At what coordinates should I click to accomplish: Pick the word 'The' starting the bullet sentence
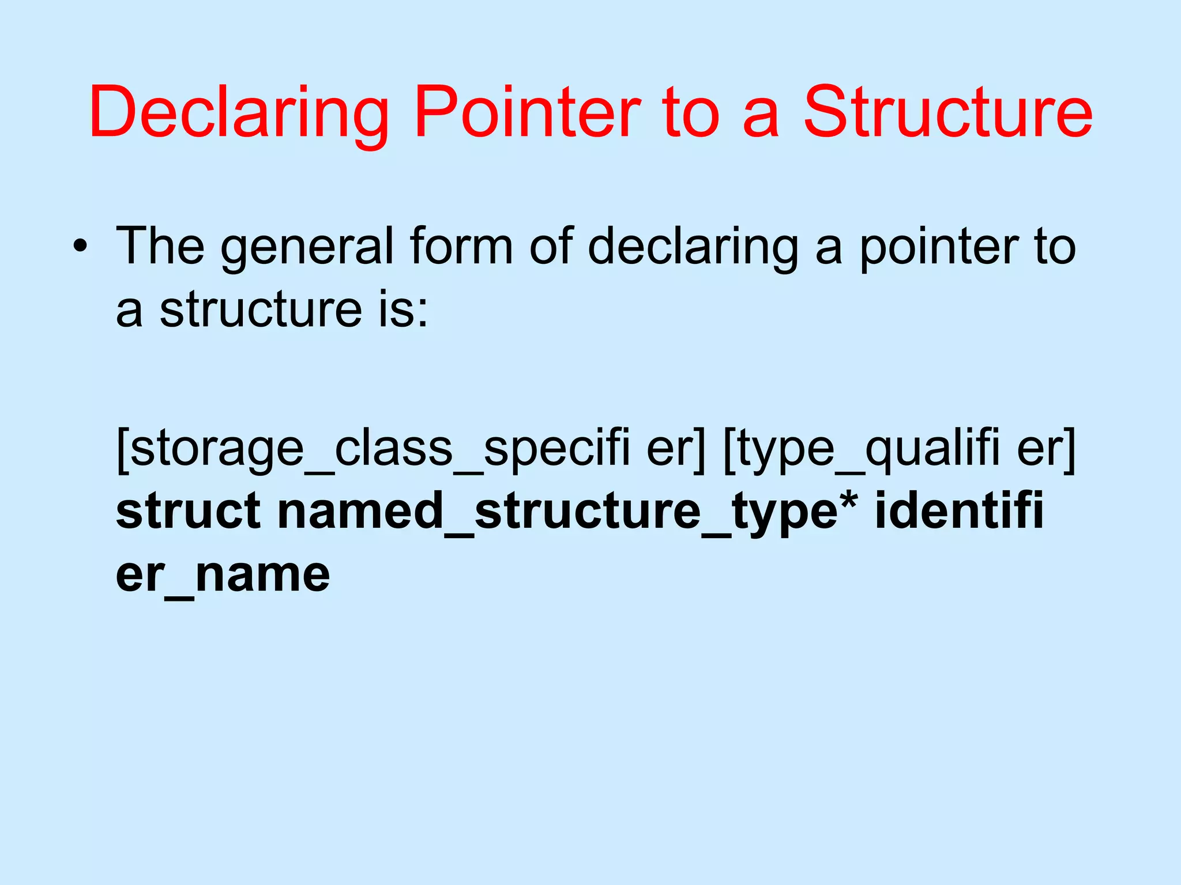(x=160, y=247)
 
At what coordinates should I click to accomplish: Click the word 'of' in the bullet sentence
(x=551, y=247)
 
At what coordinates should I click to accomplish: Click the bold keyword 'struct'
(x=188, y=512)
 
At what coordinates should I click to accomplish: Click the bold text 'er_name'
(x=223, y=575)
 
